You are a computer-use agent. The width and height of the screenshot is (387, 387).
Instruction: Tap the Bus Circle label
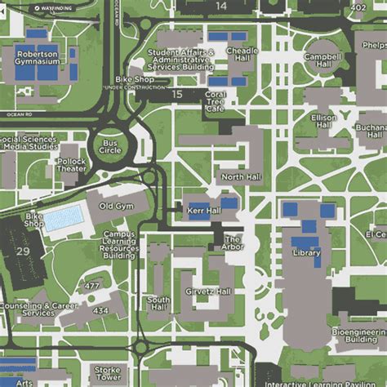pos(109,146)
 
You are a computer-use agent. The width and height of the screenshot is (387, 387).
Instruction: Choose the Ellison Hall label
pos(324,122)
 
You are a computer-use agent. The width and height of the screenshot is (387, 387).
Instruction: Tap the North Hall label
pos(240,176)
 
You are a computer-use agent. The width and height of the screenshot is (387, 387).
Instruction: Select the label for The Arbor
pos(234,242)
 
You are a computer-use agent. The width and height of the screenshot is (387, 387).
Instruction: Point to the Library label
pos(306,254)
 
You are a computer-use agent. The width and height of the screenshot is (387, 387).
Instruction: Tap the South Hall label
pos(158,304)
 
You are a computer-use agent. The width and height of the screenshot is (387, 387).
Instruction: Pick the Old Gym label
pos(116,207)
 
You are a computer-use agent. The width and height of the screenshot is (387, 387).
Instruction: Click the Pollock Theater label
pos(71,167)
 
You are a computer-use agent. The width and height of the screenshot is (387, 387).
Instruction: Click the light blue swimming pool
pos(63,219)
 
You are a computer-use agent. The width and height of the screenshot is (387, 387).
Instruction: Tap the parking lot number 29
pos(22,250)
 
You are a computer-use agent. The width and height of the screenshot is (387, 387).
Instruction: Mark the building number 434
pos(100,311)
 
